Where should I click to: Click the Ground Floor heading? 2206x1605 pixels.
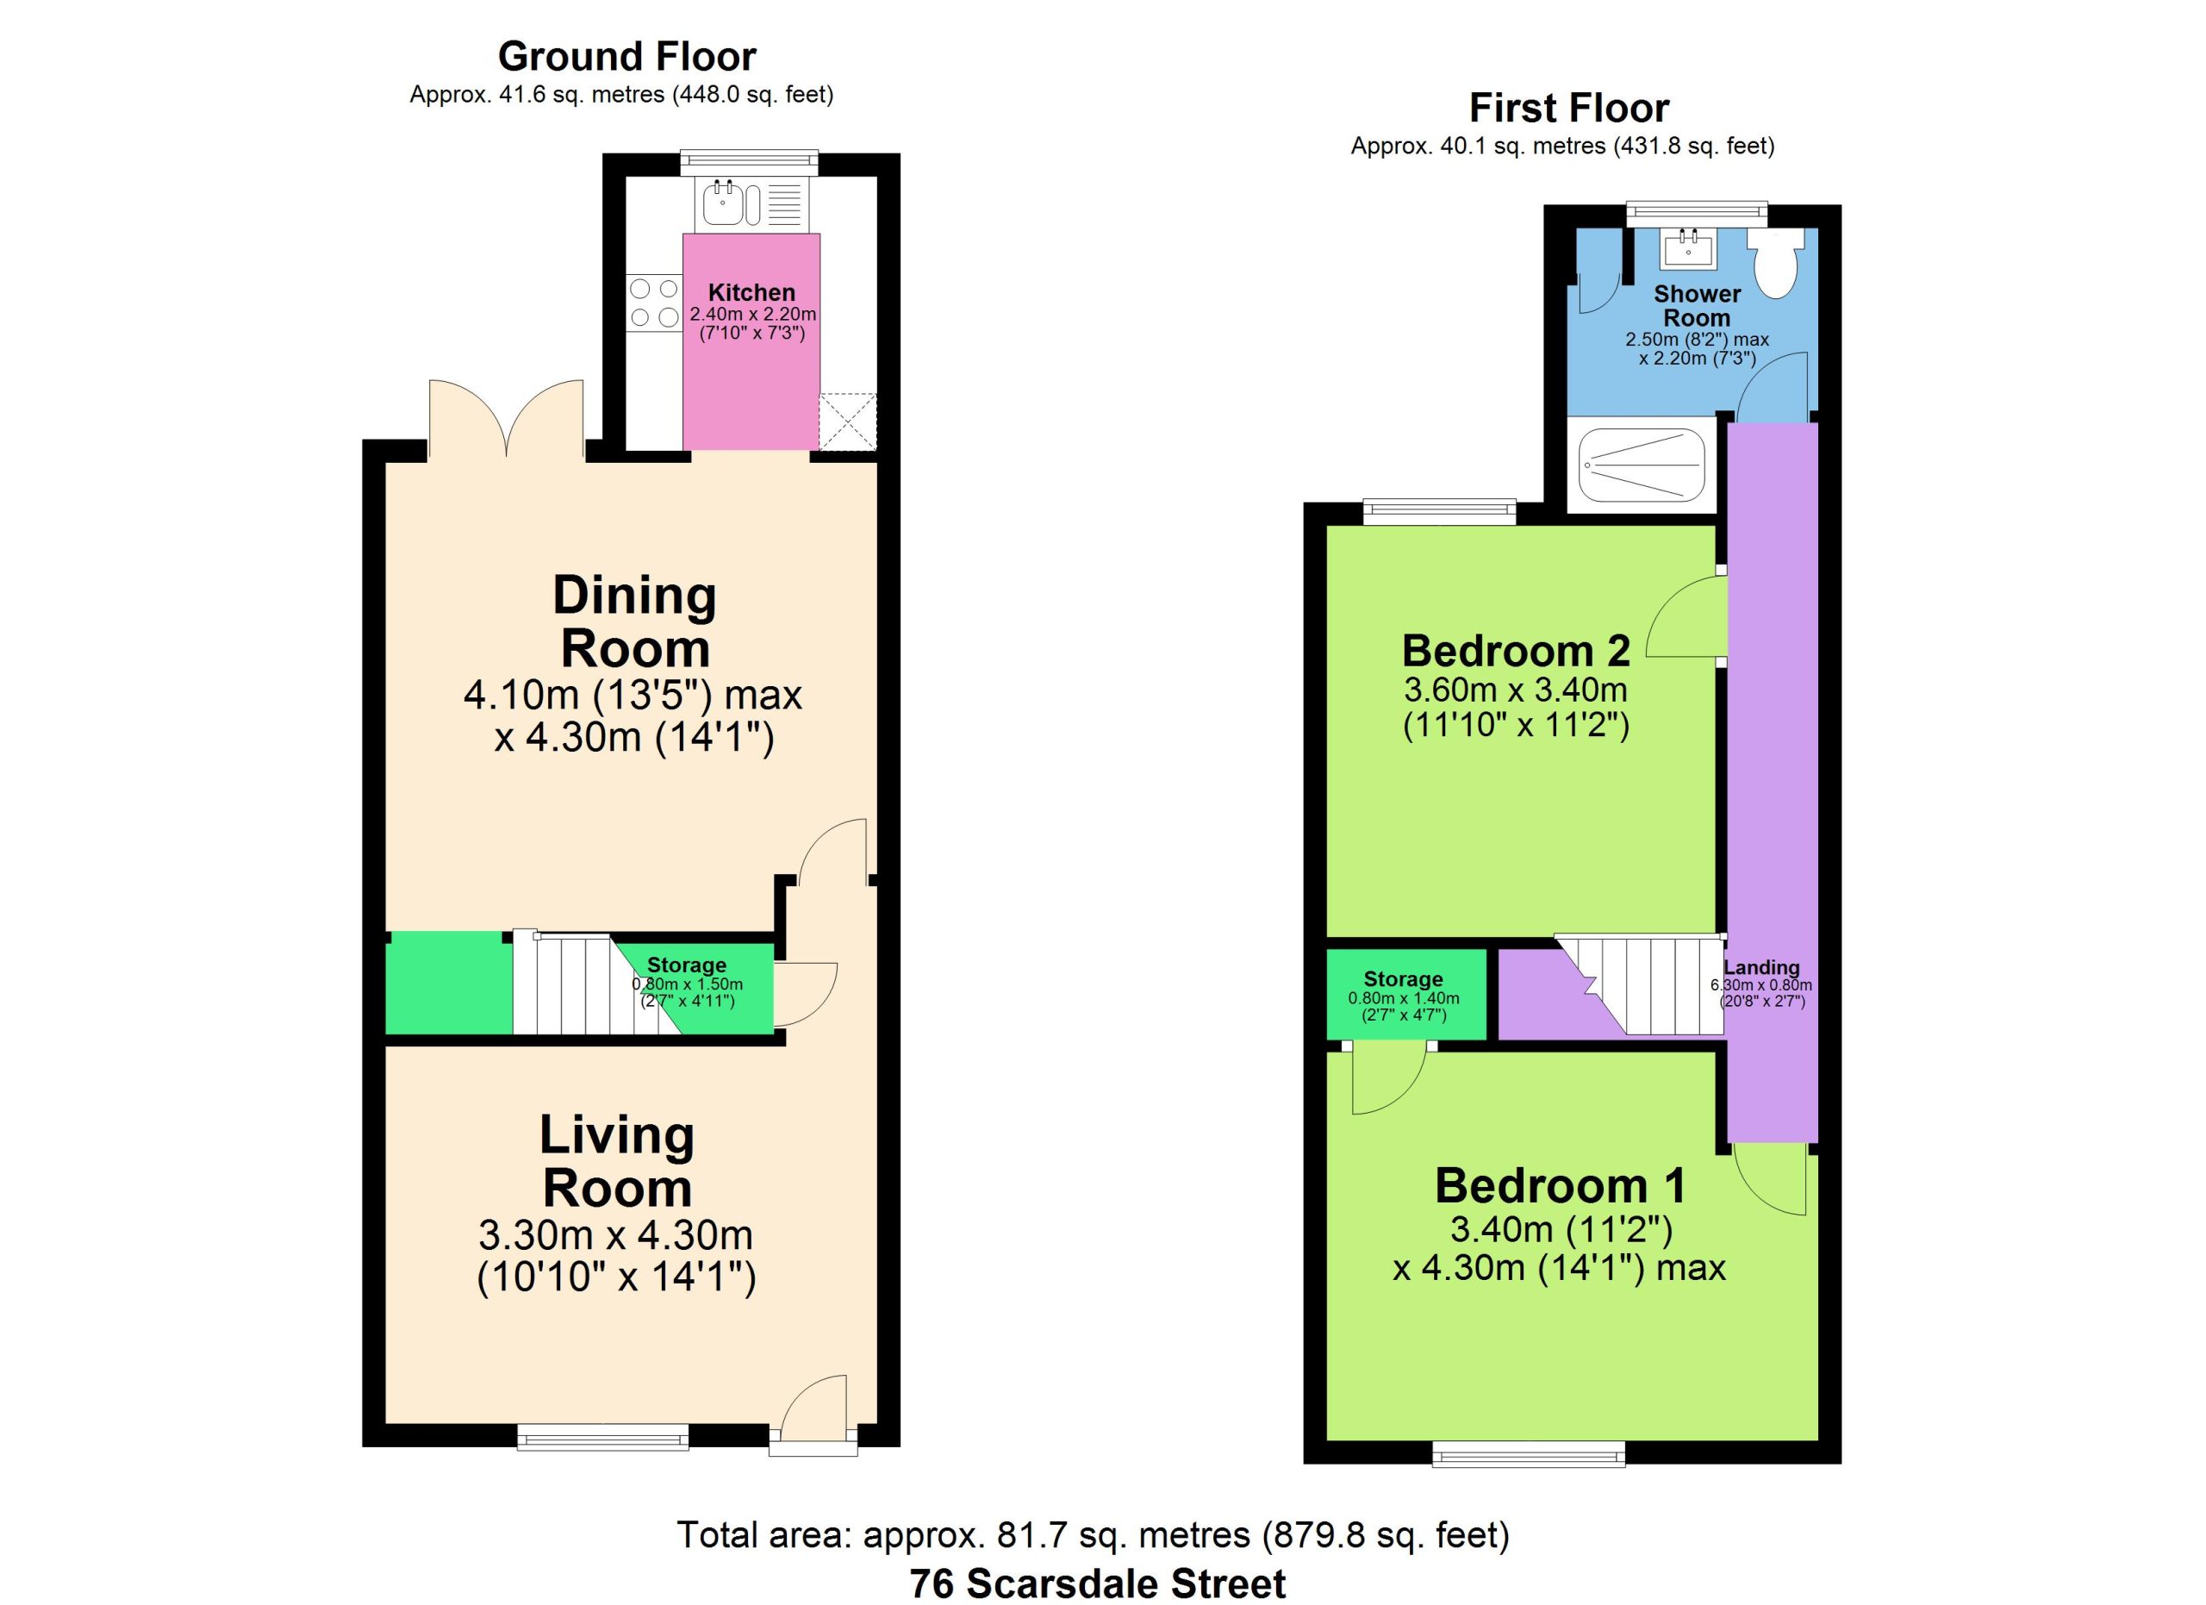click(x=626, y=56)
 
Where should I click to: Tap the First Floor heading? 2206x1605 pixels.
click(x=1569, y=108)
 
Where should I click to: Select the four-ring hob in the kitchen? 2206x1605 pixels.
click(x=654, y=303)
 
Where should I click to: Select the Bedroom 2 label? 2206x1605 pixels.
click(x=1516, y=651)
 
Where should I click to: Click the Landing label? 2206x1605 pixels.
click(x=1761, y=968)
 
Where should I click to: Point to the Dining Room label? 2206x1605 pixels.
click(x=634, y=621)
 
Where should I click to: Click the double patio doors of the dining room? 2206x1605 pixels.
click(x=506, y=418)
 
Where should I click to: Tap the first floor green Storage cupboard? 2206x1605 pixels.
click(x=1406, y=993)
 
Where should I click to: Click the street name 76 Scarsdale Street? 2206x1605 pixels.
click(x=1097, y=1583)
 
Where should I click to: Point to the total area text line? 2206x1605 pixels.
click(x=1094, y=1535)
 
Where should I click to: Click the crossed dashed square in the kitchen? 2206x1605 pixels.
click(x=847, y=422)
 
